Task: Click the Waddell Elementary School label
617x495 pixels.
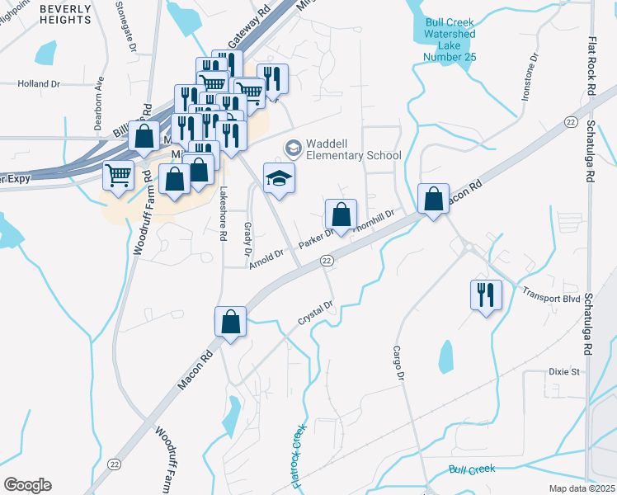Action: click(x=353, y=149)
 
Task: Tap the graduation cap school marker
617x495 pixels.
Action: click(x=280, y=177)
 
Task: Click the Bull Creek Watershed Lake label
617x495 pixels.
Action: click(x=450, y=40)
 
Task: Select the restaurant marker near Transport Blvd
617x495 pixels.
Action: click(x=485, y=295)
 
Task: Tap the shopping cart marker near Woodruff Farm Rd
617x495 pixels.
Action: click(x=119, y=174)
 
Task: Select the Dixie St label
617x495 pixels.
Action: click(x=565, y=372)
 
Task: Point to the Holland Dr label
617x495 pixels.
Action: click(x=40, y=84)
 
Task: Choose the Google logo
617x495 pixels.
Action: click(x=27, y=485)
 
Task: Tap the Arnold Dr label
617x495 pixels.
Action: click(x=266, y=258)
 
